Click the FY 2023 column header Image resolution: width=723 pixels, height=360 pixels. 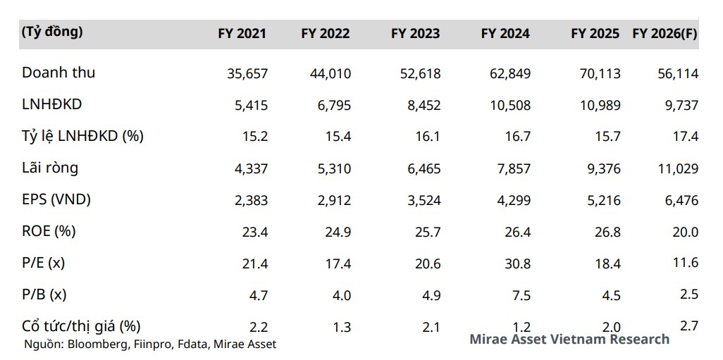point(415,34)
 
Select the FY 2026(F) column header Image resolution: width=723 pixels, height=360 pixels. point(665,34)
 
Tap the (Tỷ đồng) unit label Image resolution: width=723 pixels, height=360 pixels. point(52,32)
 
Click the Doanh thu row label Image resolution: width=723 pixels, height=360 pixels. point(58,73)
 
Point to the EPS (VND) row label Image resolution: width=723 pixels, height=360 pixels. point(56,199)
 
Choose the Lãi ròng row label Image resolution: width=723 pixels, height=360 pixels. point(50,168)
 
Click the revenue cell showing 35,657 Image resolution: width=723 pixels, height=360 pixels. point(245,73)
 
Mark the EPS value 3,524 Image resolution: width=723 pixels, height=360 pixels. point(420,200)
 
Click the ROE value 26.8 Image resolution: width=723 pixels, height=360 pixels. point(607,232)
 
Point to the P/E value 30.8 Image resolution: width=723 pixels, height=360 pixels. point(517,263)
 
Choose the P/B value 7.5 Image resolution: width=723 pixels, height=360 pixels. point(522,295)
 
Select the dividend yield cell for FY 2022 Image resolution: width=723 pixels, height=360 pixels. point(341,327)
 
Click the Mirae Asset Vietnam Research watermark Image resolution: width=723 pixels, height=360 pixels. point(569,340)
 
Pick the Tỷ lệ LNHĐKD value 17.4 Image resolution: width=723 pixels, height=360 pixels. point(685,137)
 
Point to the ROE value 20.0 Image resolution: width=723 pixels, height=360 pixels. point(685,232)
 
